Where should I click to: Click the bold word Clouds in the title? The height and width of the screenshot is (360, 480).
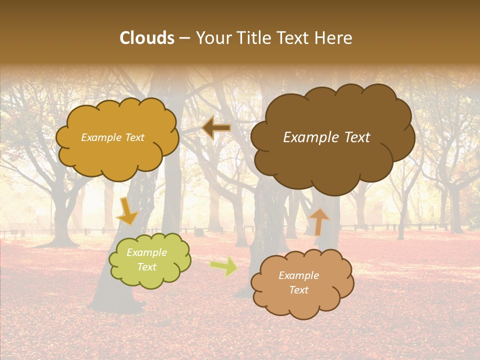[x=146, y=38]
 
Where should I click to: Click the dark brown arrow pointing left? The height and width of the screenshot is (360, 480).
[x=216, y=128]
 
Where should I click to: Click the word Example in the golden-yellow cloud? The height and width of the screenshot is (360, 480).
[x=101, y=137]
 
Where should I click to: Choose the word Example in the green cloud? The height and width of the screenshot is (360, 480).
[x=146, y=252]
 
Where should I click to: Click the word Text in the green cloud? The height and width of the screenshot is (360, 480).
[x=146, y=267]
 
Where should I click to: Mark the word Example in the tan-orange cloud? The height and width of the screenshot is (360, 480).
[x=298, y=275]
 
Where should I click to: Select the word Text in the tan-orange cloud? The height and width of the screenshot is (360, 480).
[x=298, y=290]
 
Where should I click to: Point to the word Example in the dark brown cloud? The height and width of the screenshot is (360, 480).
[x=307, y=137]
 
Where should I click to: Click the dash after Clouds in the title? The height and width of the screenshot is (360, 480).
[x=184, y=38]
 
